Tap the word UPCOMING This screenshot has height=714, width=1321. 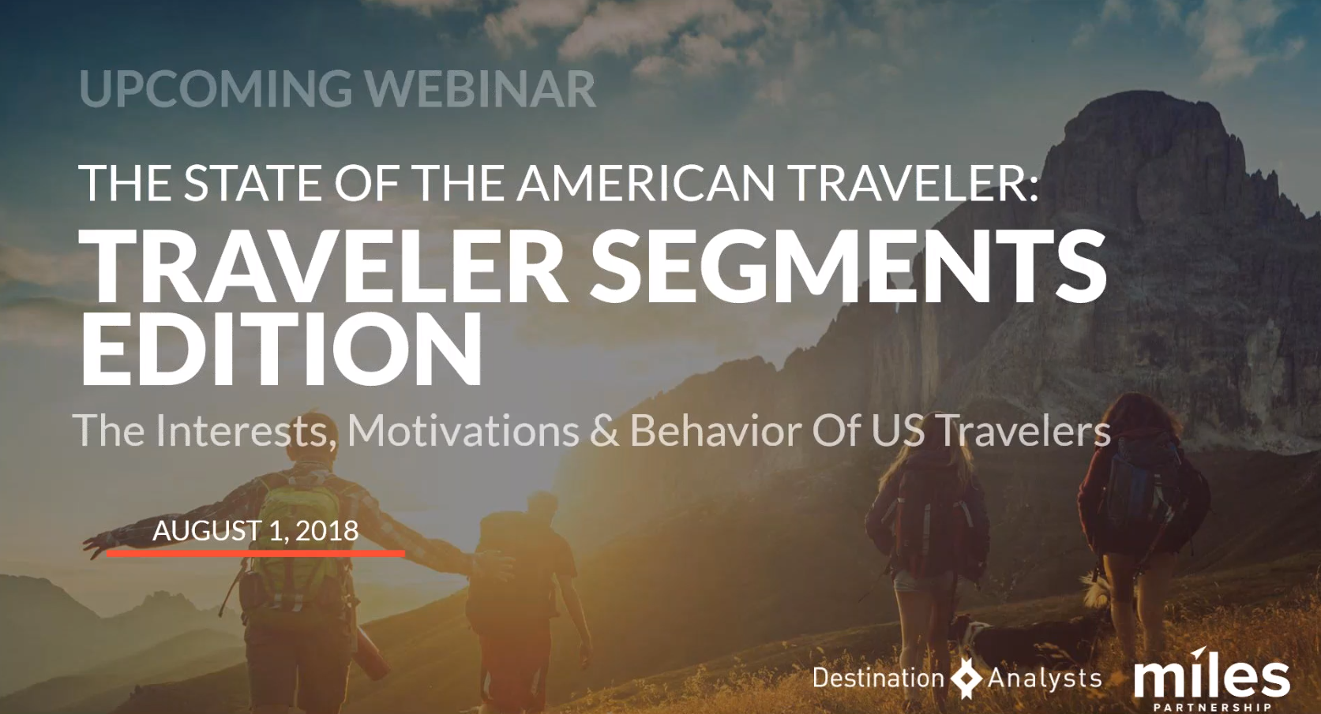216,89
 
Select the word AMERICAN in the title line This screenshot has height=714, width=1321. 646,182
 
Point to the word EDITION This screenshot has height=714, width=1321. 281,349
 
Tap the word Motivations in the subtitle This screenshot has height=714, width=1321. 463,431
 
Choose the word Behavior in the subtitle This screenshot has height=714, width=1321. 715,431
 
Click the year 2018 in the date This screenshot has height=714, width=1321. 327,531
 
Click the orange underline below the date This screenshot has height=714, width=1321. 256,553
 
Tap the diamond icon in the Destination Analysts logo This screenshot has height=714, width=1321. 966,678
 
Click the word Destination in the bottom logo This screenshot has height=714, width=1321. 878,678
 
